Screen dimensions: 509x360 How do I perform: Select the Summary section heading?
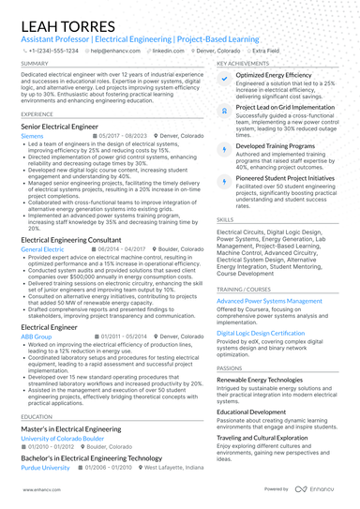tap(34, 64)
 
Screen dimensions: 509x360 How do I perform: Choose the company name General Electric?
tap(42, 250)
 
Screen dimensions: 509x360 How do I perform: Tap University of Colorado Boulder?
tap(63, 438)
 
